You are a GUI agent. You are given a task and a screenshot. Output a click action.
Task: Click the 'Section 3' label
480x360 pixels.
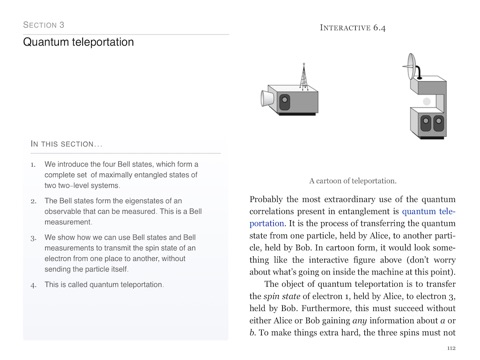[x=44, y=25]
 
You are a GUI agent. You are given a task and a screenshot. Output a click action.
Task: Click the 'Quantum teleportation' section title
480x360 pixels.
[x=78, y=42]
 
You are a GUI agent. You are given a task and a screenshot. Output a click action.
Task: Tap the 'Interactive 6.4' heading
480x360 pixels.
[x=353, y=28]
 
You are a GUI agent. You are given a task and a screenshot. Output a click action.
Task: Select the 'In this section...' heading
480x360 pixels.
[x=66, y=144]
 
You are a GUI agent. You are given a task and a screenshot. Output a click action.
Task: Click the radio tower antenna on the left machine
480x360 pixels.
[x=303, y=77]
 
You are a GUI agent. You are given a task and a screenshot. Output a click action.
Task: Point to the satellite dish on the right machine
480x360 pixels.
[x=412, y=67]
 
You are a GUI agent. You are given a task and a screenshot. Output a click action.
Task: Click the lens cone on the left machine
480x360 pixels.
[x=267, y=98]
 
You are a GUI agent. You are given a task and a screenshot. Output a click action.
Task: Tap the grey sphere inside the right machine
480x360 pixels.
[x=427, y=101]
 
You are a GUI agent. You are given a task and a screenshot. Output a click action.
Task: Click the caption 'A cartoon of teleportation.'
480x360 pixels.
[x=353, y=181]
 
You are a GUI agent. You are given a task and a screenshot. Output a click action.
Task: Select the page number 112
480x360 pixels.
[x=451, y=348]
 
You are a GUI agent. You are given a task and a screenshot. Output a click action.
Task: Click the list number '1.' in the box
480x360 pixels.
[x=33, y=165]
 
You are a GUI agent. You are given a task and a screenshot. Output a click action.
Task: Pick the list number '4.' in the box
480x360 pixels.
[x=33, y=285]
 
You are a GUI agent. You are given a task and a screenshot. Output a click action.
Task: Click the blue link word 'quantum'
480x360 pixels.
[x=419, y=211]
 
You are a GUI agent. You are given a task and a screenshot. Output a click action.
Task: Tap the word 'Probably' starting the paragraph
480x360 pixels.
[x=266, y=199]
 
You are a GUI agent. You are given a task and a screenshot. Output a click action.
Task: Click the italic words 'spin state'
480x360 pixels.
[x=282, y=296]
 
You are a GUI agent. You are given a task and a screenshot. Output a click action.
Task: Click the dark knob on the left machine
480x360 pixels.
[x=284, y=102]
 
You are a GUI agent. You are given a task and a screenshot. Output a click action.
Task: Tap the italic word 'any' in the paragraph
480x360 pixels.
[x=359, y=321]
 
